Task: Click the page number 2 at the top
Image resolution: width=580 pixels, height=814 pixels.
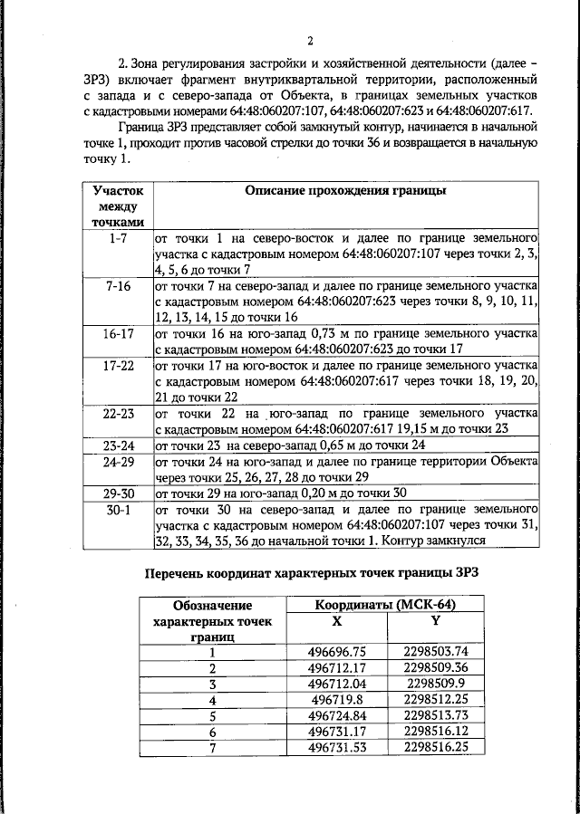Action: coord(309,41)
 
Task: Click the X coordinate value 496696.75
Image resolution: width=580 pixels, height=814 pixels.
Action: coord(336,651)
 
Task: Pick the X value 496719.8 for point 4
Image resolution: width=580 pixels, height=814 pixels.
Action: coord(336,699)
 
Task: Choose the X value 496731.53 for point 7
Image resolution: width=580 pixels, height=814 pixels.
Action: coord(336,746)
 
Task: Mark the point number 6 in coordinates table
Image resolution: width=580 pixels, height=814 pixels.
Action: coord(213,731)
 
